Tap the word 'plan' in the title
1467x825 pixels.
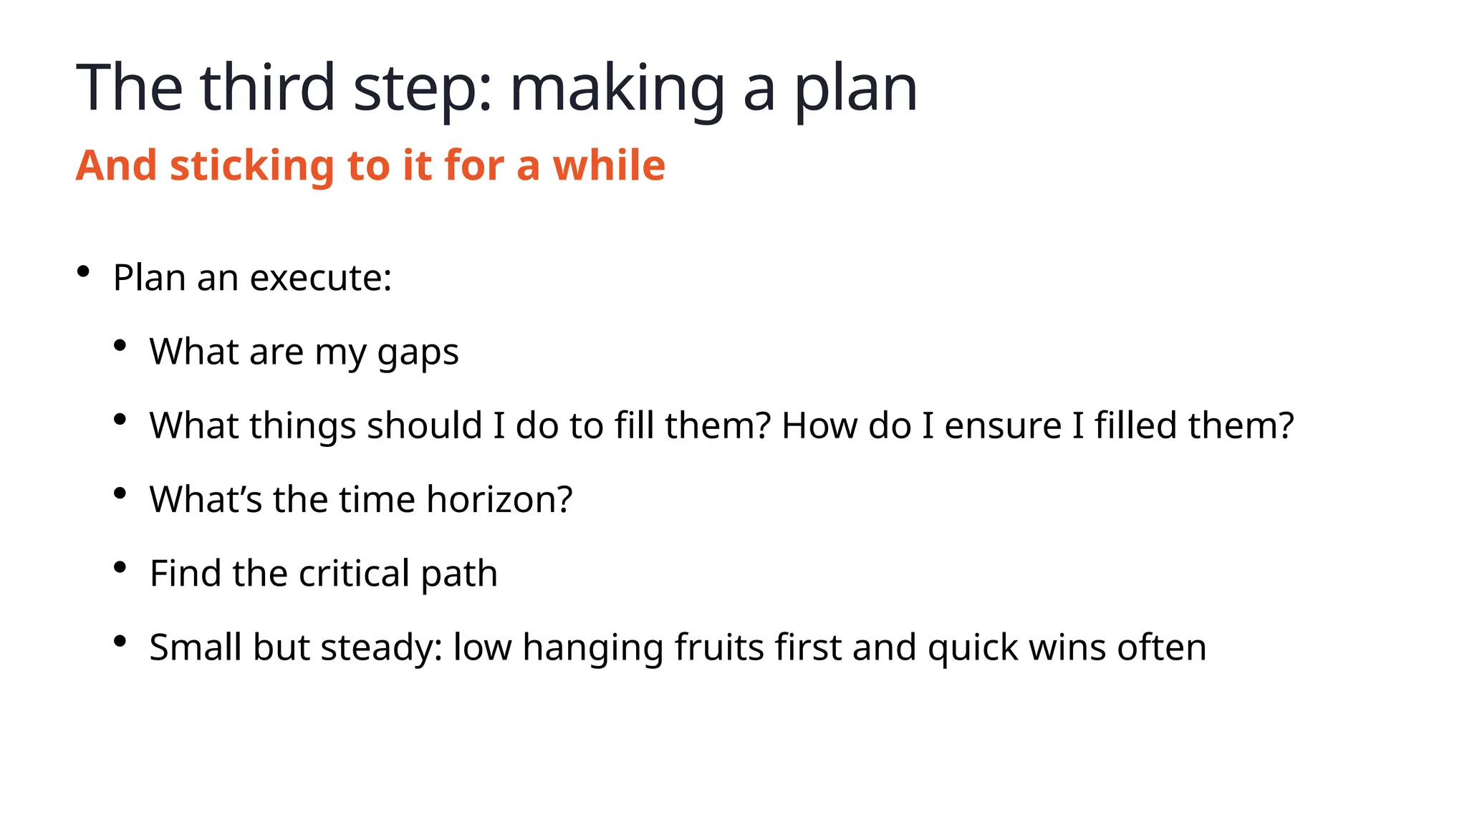(855, 89)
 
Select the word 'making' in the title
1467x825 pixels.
(617, 89)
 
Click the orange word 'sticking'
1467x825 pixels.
(252, 165)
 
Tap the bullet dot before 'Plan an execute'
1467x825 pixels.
(83, 271)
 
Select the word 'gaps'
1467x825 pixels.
(418, 353)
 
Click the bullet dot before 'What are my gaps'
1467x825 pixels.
(120, 346)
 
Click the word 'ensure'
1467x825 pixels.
(1003, 426)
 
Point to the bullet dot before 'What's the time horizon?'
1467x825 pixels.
(120, 493)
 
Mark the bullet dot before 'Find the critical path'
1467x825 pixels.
(120, 567)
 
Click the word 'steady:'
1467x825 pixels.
(381, 648)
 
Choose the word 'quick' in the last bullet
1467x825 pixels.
(972, 648)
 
